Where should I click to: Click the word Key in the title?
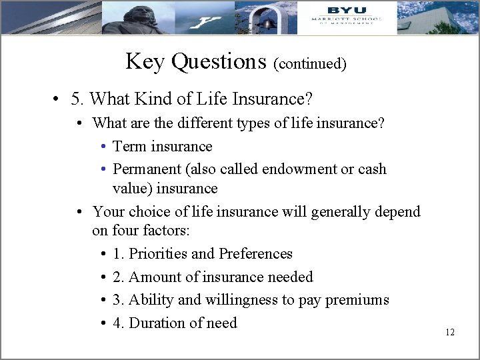click(145, 61)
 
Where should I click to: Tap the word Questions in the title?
click(218, 61)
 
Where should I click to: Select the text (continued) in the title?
click(310, 63)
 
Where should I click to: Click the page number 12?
click(449, 332)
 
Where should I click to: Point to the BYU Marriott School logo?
click(346, 16)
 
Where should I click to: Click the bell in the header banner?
click(269, 22)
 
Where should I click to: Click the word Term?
click(130, 147)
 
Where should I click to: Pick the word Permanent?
click(145, 169)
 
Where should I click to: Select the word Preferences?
click(255, 254)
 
